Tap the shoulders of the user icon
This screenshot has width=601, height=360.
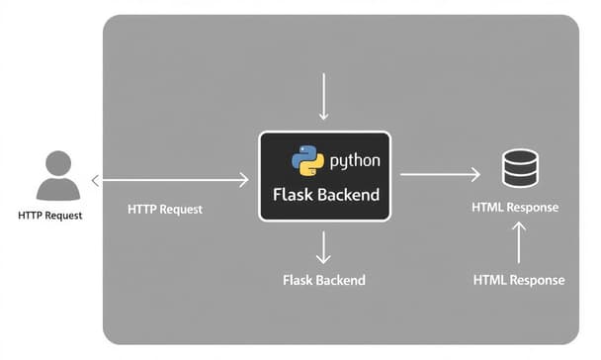click(58, 190)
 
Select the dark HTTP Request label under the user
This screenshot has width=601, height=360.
click(49, 216)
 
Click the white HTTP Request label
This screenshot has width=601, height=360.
click(166, 210)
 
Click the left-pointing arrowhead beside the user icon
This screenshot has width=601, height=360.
click(95, 180)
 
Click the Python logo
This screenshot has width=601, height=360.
click(307, 160)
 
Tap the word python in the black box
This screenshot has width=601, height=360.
click(354, 160)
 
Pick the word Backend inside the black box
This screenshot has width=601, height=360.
click(347, 195)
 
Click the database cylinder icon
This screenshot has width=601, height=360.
click(520, 168)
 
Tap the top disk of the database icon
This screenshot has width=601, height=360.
click(520, 156)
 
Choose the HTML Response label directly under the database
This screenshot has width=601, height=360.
click(515, 208)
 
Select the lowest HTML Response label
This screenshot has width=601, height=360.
click(519, 280)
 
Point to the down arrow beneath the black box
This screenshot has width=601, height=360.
click(324, 246)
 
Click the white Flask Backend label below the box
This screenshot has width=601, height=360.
click(323, 280)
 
